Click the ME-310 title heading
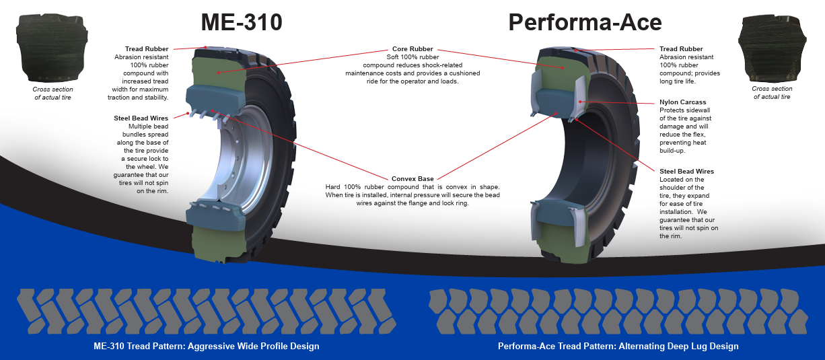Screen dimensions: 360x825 (x=242, y=22)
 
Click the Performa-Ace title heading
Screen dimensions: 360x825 (x=584, y=22)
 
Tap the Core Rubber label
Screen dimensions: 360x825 (x=413, y=49)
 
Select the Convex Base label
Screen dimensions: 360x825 (x=413, y=178)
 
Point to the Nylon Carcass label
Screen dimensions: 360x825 (x=683, y=102)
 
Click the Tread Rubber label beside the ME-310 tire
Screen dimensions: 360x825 (x=146, y=49)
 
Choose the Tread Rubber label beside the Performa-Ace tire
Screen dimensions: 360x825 (x=681, y=49)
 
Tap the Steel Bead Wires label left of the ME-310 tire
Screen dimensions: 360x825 (x=141, y=118)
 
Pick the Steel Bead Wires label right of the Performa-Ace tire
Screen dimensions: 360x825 (x=686, y=172)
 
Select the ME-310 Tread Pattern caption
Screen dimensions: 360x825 (x=206, y=347)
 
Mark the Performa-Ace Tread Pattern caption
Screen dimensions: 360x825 (x=618, y=347)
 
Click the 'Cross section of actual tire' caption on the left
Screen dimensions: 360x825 (x=53, y=94)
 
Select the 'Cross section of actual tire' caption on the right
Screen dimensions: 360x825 (x=771, y=93)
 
